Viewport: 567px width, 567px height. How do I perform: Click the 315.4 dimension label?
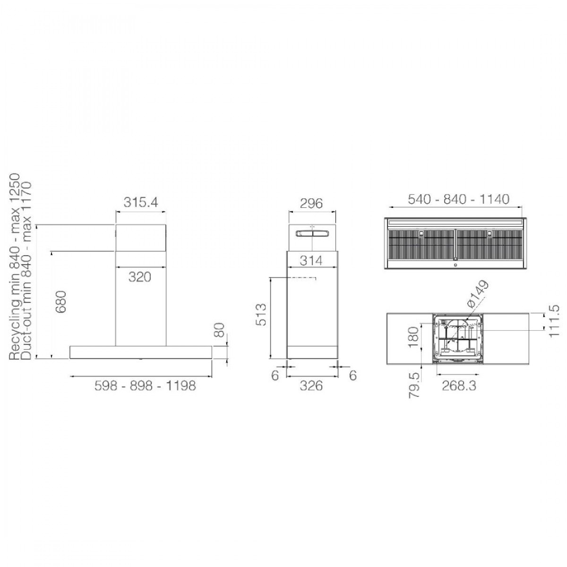point(141,202)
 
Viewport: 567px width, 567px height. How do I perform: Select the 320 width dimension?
point(140,277)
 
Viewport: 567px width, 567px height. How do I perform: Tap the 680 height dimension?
point(62,302)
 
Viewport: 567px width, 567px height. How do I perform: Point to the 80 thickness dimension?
point(220,330)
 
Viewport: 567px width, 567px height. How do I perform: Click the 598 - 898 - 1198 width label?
point(145,386)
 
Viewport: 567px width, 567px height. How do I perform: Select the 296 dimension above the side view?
point(311,203)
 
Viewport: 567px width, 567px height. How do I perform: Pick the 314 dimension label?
point(311,260)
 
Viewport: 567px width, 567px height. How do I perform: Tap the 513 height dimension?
point(261,315)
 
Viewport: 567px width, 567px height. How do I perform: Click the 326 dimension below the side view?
point(311,386)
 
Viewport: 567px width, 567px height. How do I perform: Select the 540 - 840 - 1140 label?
point(458,199)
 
